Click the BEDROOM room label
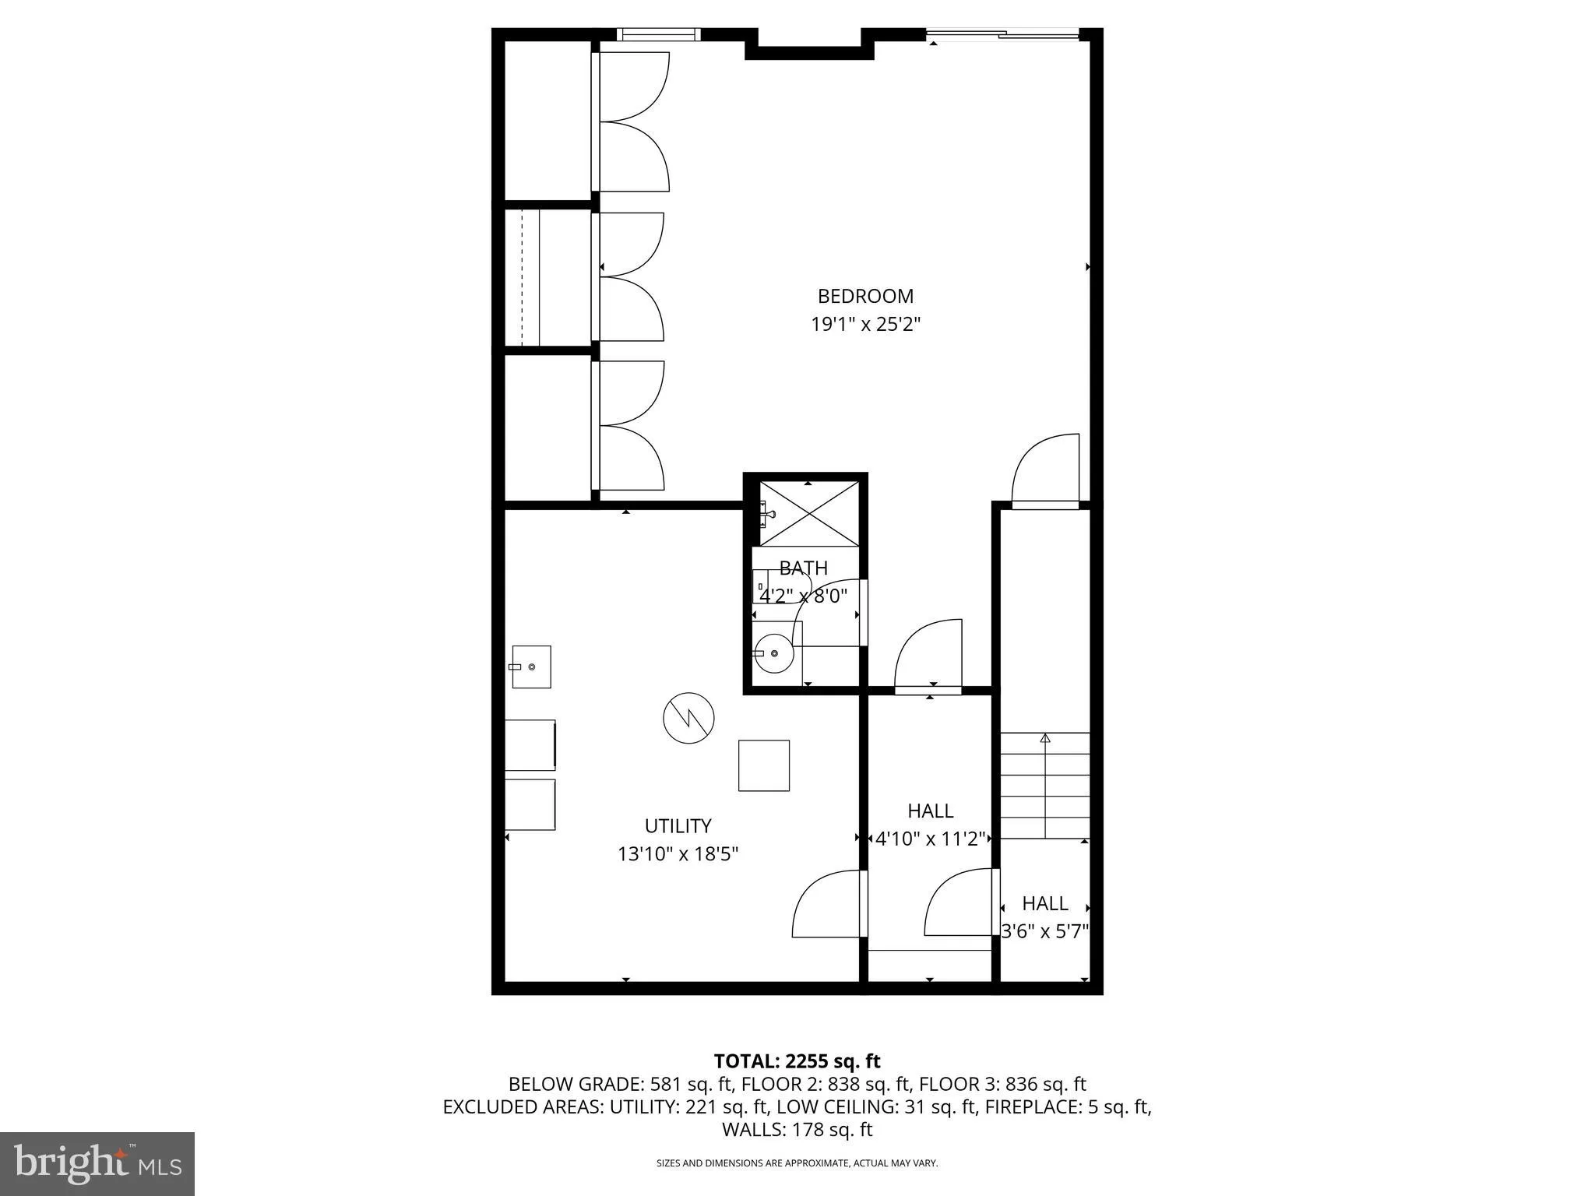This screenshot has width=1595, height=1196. (865, 296)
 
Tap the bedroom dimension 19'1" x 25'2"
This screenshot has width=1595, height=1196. (865, 324)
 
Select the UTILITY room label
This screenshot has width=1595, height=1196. (678, 825)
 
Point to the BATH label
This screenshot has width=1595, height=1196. (803, 568)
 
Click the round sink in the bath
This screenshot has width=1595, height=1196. (774, 653)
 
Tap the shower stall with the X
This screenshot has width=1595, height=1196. (810, 514)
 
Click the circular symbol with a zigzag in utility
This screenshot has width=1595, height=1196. (688, 717)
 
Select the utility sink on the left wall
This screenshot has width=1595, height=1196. (531, 667)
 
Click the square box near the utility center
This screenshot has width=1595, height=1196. (763, 765)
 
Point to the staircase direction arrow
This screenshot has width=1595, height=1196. (1045, 738)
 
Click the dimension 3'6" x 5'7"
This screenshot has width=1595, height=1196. (1044, 931)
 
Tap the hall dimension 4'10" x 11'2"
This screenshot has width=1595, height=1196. (930, 839)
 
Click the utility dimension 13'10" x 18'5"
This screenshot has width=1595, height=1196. (678, 854)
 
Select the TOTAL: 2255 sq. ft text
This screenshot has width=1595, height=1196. (797, 1061)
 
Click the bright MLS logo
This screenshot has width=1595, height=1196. (97, 1164)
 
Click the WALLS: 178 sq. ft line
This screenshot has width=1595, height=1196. (797, 1129)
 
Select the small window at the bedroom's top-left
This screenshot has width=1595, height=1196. (659, 34)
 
